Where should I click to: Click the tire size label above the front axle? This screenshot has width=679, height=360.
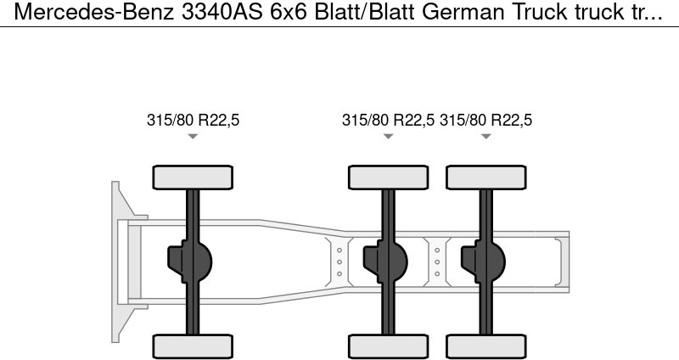point(193,120)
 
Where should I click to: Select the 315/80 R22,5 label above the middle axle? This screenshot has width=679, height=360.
point(388,120)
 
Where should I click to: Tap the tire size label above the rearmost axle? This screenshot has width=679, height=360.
point(485,120)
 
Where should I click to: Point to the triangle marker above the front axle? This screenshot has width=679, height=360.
point(193,137)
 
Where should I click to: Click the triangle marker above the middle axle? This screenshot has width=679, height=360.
point(388,137)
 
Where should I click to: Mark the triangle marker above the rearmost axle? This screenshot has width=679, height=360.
point(485,137)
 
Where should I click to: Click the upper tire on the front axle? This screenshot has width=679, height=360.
point(193,177)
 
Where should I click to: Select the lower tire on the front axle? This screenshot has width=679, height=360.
point(193,346)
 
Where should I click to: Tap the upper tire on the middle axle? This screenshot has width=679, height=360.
point(388,177)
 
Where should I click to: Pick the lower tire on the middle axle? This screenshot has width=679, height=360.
point(388,346)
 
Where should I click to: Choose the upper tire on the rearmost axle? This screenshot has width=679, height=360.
point(485,177)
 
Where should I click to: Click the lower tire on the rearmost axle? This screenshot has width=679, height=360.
point(485,346)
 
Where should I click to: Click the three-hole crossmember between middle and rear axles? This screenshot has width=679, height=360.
point(437,262)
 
